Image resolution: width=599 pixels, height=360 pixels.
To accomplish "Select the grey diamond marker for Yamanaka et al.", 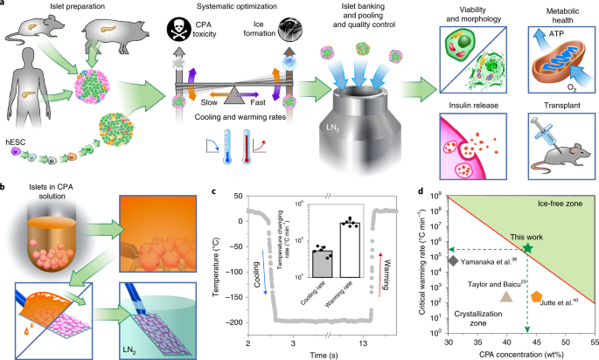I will tap(452, 260).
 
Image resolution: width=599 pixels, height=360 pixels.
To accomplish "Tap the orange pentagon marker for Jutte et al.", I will tap(536, 295).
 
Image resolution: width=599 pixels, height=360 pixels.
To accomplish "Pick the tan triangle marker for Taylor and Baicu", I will tap(505, 295).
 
